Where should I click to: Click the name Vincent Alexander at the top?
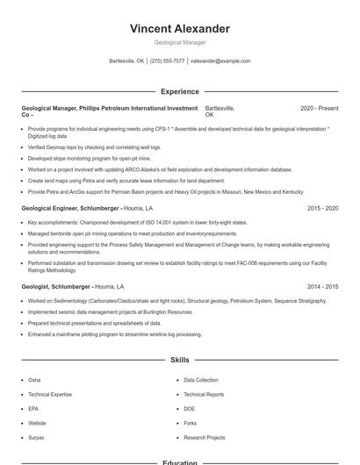coord(179,29)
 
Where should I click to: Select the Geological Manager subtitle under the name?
coord(179,42)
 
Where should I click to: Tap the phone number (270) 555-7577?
coord(167,61)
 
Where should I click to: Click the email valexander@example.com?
coord(220,61)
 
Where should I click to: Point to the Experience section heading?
coord(179,91)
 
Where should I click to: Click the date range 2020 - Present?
coord(319,108)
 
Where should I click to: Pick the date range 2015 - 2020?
coord(322,209)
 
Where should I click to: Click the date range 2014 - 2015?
coord(322,287)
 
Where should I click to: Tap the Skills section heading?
coord(179,360)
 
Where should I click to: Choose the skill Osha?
coord(34,380)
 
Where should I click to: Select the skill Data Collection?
coord(201,380)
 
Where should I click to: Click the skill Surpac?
coord(37,437)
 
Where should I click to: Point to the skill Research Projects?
coord(205,437)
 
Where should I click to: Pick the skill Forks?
coord(191,423)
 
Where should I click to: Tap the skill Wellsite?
coord(38,423)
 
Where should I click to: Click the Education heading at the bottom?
coord(179,462)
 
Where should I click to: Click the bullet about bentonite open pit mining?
coord(132,233)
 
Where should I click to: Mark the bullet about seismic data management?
coord(110,311)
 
